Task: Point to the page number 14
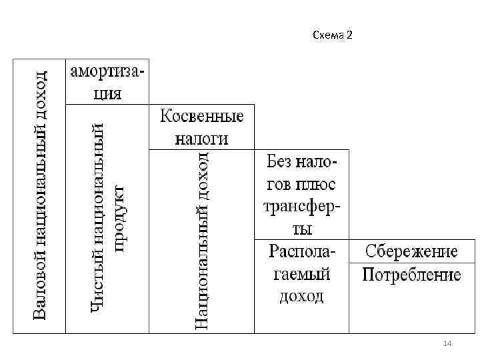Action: click(x=447, y=343)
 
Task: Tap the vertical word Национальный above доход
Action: click(x=202, y=264)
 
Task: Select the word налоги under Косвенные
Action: click(x=202, y=138)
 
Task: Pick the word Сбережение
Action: click(x=411, y=251)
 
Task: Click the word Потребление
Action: click(x=411, y=275)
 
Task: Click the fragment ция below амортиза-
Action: click(x=107, y=93)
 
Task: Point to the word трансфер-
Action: click(x=302, y=206)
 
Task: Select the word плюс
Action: click(x=318, y=183)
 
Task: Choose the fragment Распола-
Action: click(x=302, y=251)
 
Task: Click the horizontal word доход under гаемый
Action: click(x=301, y=295)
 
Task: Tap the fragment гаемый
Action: click(x=301, y=274)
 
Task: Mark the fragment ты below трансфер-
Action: click(x=301, y=228)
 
